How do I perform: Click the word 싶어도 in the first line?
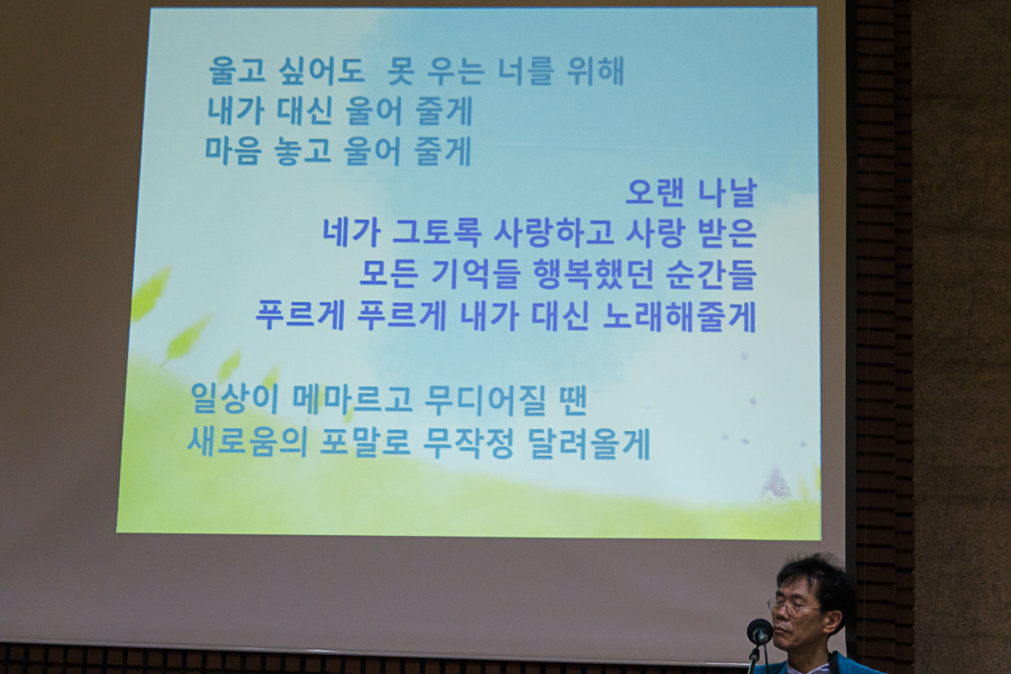322,72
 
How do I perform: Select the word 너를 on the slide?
524,71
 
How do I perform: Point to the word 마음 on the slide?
233,152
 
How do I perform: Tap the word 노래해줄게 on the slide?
679,317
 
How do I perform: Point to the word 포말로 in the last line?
365,443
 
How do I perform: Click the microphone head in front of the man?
760,632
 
